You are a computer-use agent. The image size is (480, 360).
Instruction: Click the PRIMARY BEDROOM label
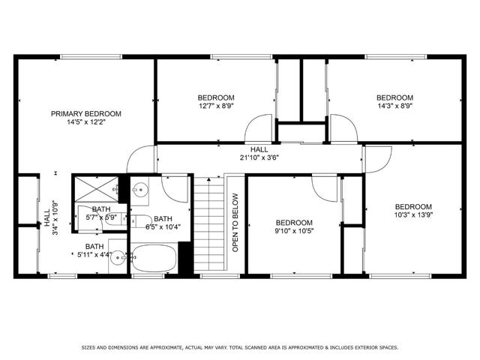[x=85, y=114]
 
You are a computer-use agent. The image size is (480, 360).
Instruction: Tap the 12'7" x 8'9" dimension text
[x=216, y=106]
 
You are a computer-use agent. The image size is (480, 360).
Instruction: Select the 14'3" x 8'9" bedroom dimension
[x=394, y=106]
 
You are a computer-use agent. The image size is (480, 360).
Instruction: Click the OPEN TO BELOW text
[x=235, y=222]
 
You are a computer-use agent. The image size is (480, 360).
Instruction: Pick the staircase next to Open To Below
[x=209, y=225]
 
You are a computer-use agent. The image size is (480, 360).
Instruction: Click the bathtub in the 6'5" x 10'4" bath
[x=154, y=259]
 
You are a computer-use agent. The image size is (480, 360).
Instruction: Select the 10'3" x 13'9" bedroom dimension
[x=414, y=216]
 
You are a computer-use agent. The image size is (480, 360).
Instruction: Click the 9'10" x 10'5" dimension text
[x=293, y=231]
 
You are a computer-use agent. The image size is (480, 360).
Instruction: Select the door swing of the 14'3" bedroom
[x=343, y=127]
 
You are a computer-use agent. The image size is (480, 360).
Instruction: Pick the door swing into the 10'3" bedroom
[x=377, y=157]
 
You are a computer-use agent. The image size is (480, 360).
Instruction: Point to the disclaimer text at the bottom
[x=240, y=347]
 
